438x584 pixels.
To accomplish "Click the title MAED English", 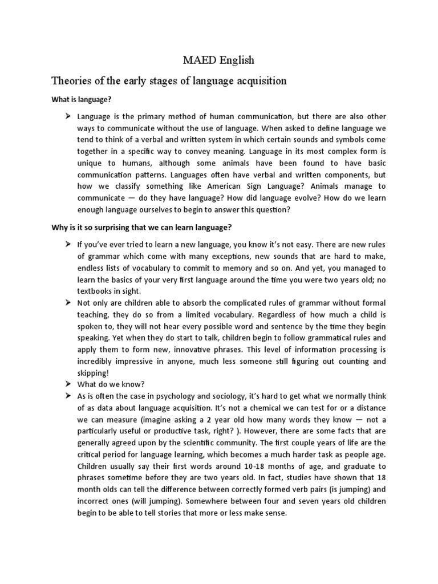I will [x=218, y=59].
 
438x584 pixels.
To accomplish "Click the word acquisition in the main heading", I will [x=259, y=80].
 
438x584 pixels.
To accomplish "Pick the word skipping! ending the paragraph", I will [x=92, y=373].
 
